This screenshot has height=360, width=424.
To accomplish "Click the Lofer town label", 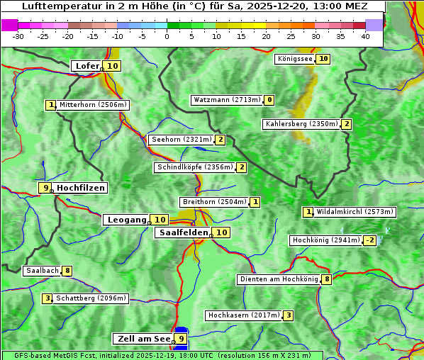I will coord(87,66).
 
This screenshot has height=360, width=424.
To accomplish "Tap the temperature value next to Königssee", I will coord(323,59).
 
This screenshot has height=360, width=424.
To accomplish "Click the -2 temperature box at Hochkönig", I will coord(369,240).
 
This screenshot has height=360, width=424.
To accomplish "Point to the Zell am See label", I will coord(144,339).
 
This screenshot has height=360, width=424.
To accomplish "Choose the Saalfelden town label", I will coord(183,232).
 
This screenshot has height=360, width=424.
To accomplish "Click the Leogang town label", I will coord(126,220).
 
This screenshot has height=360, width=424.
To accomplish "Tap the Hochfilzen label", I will coord(80,188).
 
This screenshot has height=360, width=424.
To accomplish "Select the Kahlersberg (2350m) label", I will coord(301,124).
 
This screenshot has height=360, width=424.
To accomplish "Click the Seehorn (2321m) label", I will coord(182,140).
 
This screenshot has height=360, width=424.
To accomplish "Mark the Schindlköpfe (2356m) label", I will coord(194,167).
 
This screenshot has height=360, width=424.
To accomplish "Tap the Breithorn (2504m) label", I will coord(213,202).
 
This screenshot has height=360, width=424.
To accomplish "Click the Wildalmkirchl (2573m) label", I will coord(355,211).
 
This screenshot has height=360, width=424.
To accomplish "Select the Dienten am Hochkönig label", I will coord(279,279).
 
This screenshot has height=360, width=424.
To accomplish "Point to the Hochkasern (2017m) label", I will coord(243,315).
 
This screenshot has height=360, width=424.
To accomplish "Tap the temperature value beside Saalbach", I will coord(67,271).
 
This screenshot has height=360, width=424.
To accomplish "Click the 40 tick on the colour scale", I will coord(365,36).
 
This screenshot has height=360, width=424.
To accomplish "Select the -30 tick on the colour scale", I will coord(18,36).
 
